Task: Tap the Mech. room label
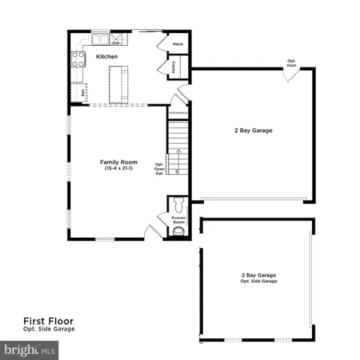[x=178, y=45]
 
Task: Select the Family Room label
[x=118, y=162]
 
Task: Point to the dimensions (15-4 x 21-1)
[x=118, y=169]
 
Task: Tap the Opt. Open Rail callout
[x=160, y=169]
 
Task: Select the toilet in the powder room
[x=178, y=205]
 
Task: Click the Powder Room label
[x=178, y=220]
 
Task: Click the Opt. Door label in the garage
[x=290, y=63]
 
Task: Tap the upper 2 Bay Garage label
[x=253, y=130]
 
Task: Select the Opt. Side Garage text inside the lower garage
[x=259, y=281]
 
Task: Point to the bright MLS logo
[x=30, y=349]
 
